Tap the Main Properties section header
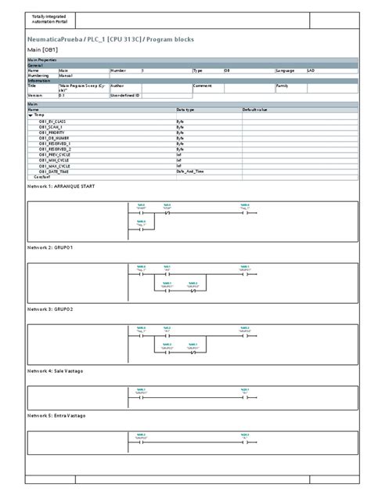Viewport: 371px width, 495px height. point(45,60)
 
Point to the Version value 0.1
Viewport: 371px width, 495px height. point(63,95)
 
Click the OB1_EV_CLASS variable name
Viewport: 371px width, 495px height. point(54,121)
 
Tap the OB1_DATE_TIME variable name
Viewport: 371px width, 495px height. point(55,171)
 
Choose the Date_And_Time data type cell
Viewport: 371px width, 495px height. point(190,171)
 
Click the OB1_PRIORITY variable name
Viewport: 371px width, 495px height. point(54,132)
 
